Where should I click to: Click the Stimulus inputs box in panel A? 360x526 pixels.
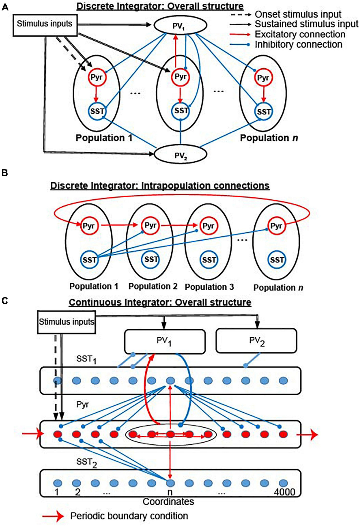pos(44,24)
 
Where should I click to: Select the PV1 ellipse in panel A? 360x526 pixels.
pos(180,26)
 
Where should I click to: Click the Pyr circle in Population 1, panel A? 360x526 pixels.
pos(97,77)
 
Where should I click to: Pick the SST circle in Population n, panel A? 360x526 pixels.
pos(264,112)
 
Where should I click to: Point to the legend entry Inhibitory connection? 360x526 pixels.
pos(298,44)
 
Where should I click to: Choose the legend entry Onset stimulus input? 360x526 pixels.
pos(298,14)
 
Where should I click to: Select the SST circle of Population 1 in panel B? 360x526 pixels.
pos(89,260)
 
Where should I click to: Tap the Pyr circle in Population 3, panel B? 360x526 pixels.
pos(208,226)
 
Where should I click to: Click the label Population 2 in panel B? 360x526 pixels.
pos(153,286)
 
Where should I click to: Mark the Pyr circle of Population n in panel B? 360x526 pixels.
pos(276,226)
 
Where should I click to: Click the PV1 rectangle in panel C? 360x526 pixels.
pos(165,341)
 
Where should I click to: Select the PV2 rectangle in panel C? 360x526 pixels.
pos(256,341)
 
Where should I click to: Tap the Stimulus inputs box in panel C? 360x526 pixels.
pos(66,322)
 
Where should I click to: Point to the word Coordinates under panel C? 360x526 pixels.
pos(168,501)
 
